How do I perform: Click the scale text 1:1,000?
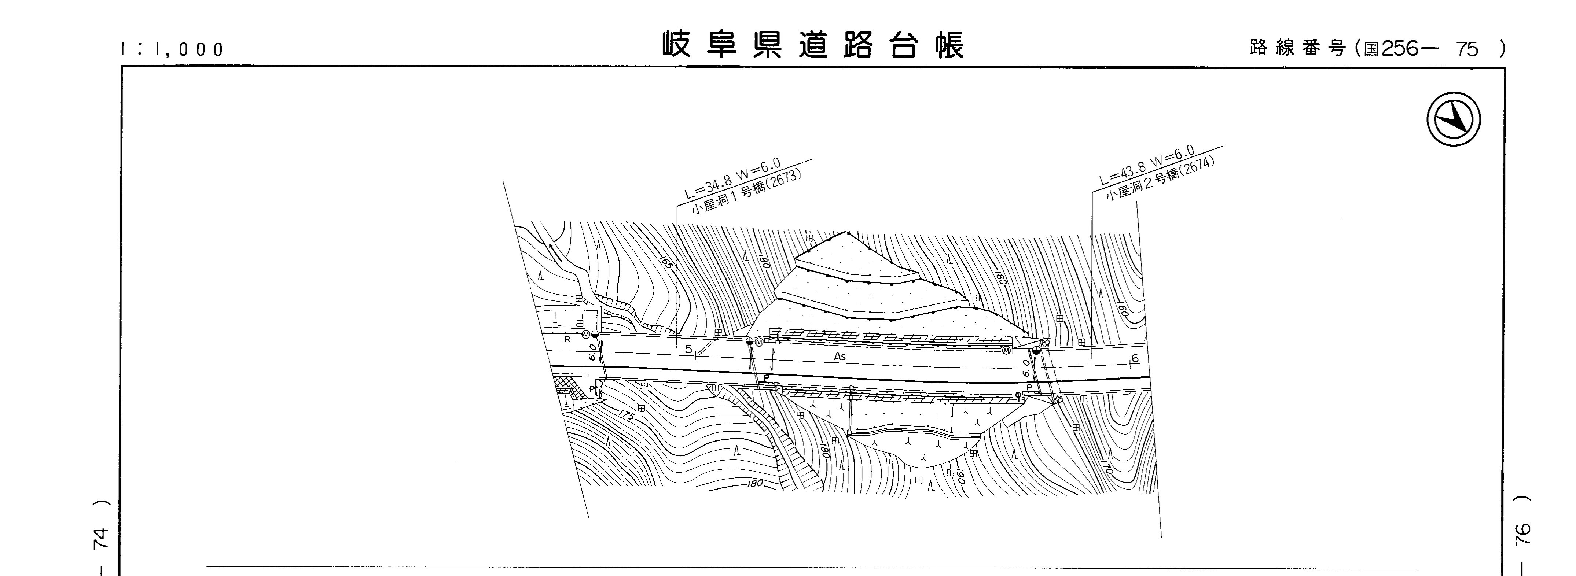pos(173,49)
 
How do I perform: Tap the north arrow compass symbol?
pos(1454,119)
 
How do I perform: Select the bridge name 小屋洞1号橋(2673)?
pos(746,191)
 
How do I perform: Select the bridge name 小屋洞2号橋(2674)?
pos(1160,176)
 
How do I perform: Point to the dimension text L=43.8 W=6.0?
pos(1146,164)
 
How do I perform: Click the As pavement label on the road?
pos(840,356)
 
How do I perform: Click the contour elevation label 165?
pos(667,263)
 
